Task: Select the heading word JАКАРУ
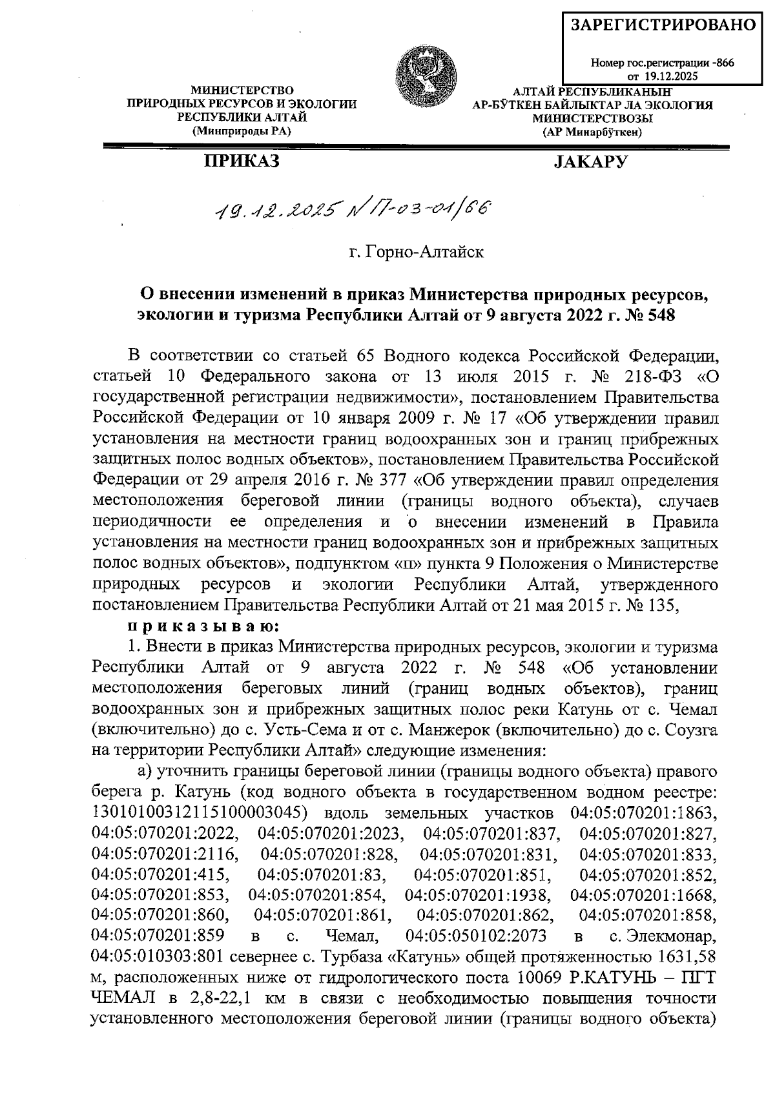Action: point(590,161)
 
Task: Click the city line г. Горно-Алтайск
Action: point(416,251)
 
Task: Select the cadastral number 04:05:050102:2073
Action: point(476,936)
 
